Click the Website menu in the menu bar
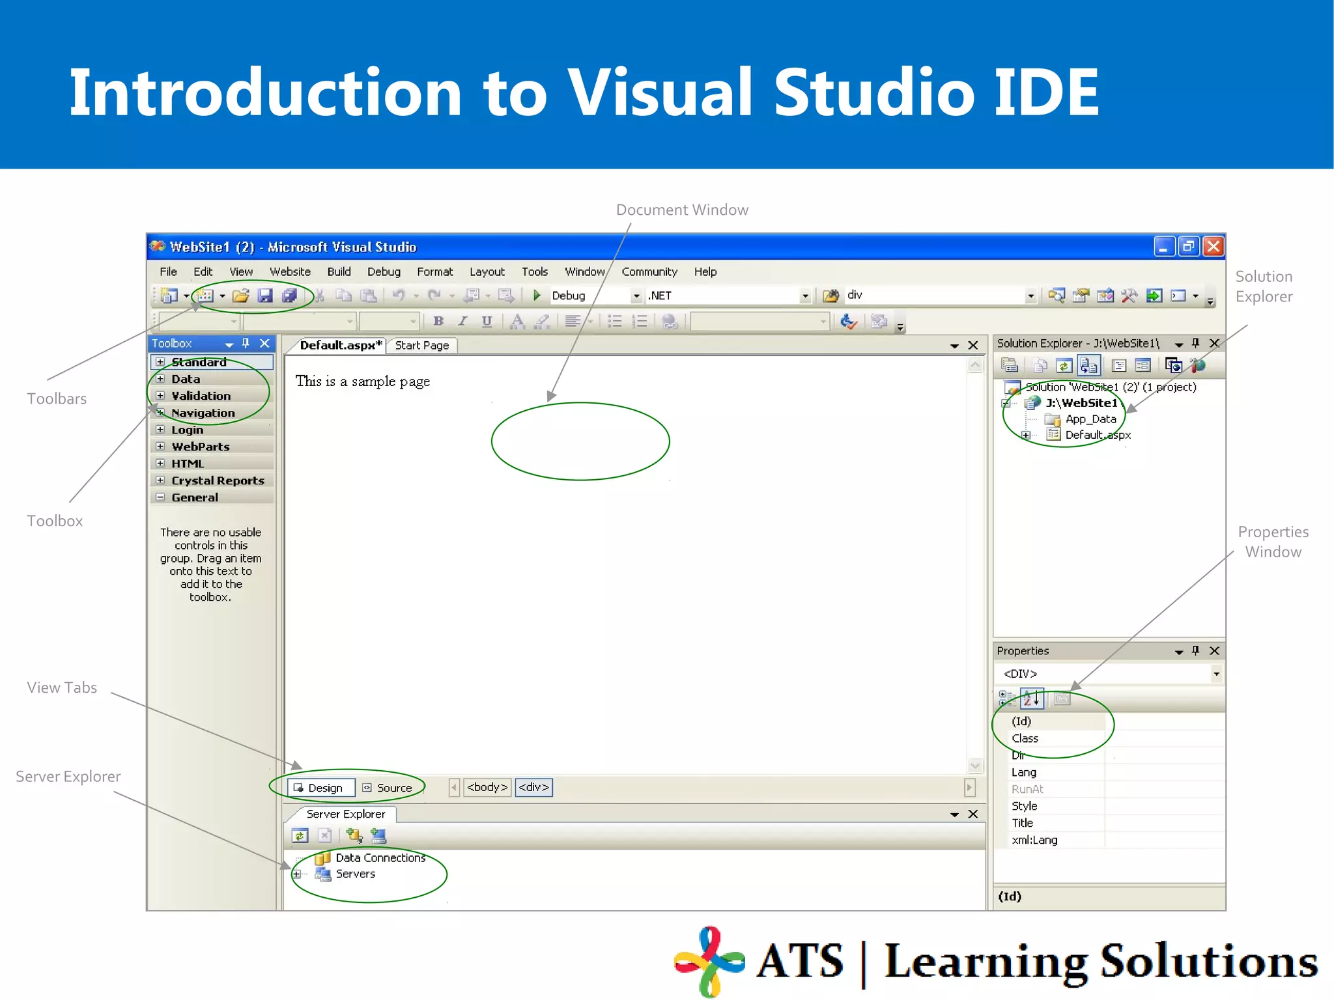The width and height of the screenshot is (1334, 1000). tap(290, 271)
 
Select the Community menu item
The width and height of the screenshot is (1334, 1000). tap(649, 271)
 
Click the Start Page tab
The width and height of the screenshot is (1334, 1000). tap(421, 345)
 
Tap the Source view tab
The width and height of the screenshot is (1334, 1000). tap(388, 788)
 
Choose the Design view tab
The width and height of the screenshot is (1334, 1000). tap(322, 788)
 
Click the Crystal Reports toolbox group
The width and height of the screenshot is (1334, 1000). tap(217, 480)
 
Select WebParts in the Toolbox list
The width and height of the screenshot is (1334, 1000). tap(200, 447)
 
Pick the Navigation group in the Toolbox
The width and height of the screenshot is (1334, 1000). tap(203, 413)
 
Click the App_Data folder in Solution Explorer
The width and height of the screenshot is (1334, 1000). tap(1090, 419)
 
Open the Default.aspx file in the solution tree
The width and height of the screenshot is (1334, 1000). tap(1098, 435)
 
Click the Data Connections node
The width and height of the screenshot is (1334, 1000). tap(380, 858)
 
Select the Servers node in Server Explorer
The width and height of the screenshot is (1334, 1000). tap(355, 874)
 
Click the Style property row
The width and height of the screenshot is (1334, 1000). tap(1024, 806)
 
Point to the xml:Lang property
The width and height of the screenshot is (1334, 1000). tap(1034, 840)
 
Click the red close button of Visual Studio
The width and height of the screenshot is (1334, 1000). tap(1213, 247)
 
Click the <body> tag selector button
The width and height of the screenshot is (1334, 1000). tap(487, 787)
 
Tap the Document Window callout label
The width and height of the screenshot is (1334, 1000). tap(682, 210)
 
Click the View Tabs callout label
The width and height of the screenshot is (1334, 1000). tap(62, 687)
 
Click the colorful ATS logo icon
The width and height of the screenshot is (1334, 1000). tap(709, 960)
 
